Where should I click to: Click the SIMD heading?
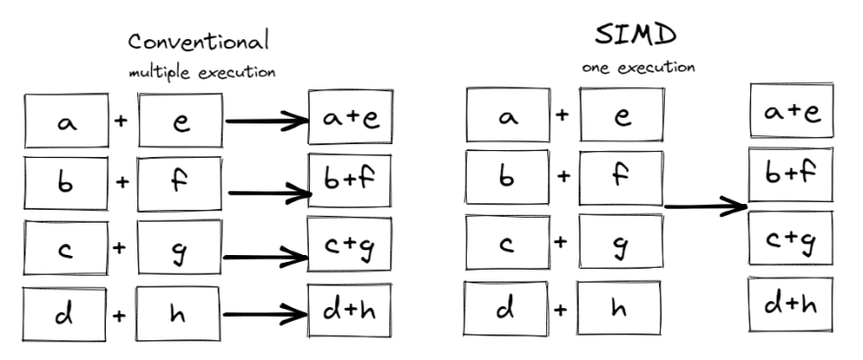pos(635,34)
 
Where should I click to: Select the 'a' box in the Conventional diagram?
pos(67,123)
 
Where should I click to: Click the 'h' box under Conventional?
pos(178,316)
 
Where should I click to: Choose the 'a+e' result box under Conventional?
pos(350,121)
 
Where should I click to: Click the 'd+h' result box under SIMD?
pos(789,305)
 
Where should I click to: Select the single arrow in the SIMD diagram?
pos(706,207)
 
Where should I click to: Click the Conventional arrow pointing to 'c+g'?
pos(267,258)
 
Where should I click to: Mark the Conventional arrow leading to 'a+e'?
pos(267,122)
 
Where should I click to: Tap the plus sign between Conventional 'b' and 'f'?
pos(121,183)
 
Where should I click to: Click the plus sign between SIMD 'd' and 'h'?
pos(562,309)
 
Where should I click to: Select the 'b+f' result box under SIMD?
pos(789,175)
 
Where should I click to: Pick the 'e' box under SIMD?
pos(621,116)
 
